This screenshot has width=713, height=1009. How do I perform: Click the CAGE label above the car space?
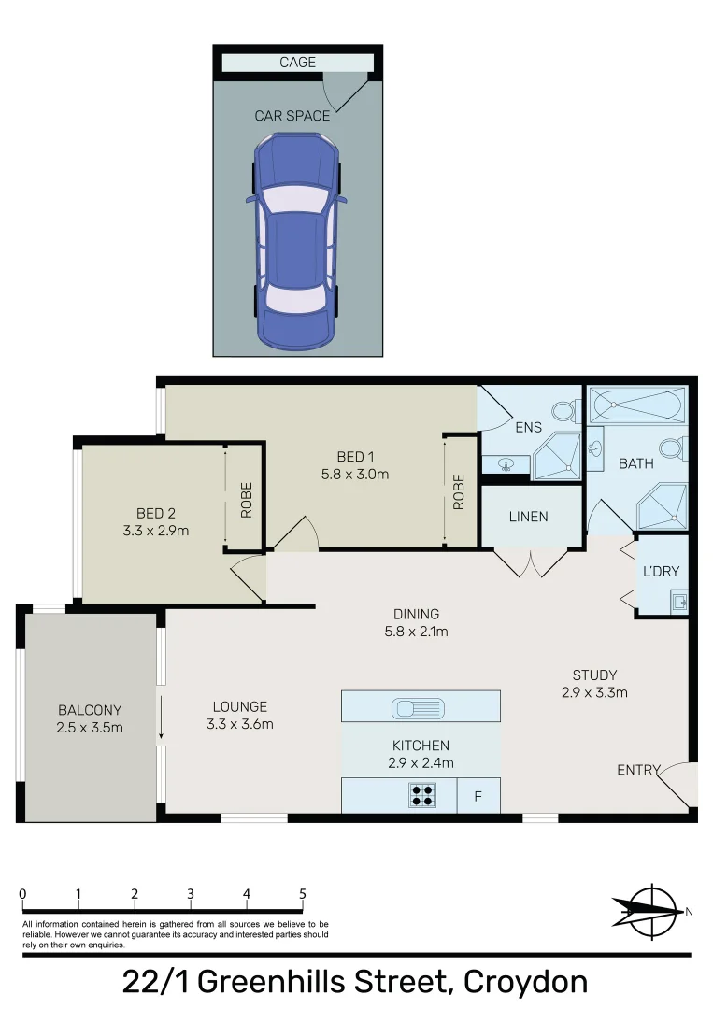(x=297, y=63)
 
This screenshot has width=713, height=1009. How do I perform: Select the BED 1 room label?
(x=355, y=457)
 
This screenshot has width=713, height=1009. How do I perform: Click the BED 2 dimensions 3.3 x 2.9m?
(x=156, y=531)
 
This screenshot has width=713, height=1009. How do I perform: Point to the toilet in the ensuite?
(x=565, y=410)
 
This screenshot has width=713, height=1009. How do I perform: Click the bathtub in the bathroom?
(x=637, y=405)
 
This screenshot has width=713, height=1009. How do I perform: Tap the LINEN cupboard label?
(x=528, y=517)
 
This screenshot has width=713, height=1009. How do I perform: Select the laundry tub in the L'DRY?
(x=679, y=603)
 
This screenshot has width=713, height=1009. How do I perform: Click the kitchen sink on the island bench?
(x=418, y=708)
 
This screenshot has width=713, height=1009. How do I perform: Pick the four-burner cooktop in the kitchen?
(x=422, y=795)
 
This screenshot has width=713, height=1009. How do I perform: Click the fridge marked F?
(x=478, y=796)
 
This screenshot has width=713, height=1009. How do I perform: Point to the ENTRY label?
(x=638, y=770)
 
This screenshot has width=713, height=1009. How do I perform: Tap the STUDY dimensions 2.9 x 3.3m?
(x=594, y=693)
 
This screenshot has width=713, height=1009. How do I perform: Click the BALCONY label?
(x=90, y=710)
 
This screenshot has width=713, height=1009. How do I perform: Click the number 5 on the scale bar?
(x=303, y=894)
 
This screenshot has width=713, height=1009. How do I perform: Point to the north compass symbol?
(x=652, y=911)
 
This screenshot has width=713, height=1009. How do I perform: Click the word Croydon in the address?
(x=525, y=982)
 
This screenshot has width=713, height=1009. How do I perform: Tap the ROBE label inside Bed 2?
(x=247, y=500)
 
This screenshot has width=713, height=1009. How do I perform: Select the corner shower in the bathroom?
(x=663, y=506)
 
